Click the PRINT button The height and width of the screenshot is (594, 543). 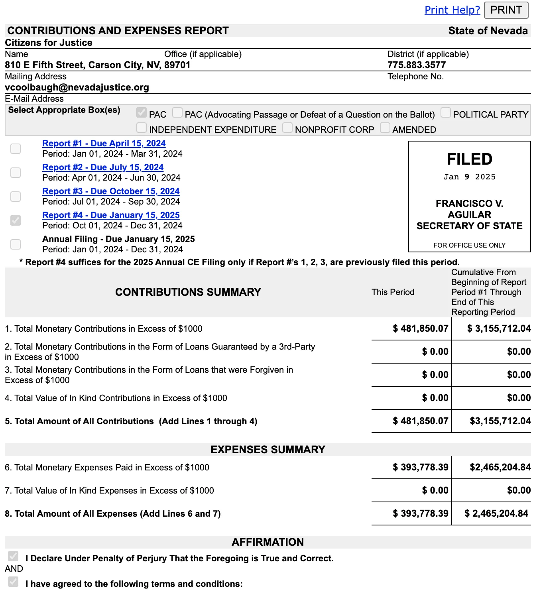pyautogui.click(x=506, y=10)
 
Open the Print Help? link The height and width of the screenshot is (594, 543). pyautogui.click(x=452, y=10)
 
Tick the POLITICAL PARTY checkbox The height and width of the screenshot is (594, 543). pyautogui.click(x=446, y=113)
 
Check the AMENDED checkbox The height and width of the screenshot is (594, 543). pyautogui.click(x=385, y=128)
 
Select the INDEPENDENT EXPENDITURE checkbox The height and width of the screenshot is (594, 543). pyautogui.click(x=142, y=128)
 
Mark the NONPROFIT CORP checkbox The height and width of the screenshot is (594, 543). pyautogui.click(x=287, y=128)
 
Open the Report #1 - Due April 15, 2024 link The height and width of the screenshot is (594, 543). pyautogui.click(x=104, y=144)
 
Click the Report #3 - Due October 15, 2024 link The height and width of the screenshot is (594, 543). pyautogui.click(x=111, y=191)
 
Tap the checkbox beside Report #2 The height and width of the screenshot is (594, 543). pyautogui.click(x=16, y=173)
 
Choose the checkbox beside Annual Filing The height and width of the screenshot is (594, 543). pyautogui.click(x=16, y=244)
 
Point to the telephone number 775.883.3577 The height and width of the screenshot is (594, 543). pyautogui.click(x=416, y=65)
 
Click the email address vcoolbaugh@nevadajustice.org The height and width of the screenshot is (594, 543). pyautogui.click(x=77, y=87)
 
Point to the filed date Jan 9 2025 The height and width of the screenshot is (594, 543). pyautogui.click(x=469, y=177)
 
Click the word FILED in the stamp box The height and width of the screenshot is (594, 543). pyautogui.click(x=469, y=159)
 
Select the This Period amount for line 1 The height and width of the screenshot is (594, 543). pyautogui.click(x=420, y=328)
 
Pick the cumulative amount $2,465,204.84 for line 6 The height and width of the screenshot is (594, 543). pyautogui.click(x=500, y=467)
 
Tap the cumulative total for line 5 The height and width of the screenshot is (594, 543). pyautogui.click(x=500, y=421)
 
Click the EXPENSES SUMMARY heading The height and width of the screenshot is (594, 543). pyautogui.click(x=268, y=450)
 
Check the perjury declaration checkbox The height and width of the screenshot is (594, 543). pyautogui.click(x=13, y=556)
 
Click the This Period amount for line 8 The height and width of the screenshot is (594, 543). pyautogui.click(x=420, y=513)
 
